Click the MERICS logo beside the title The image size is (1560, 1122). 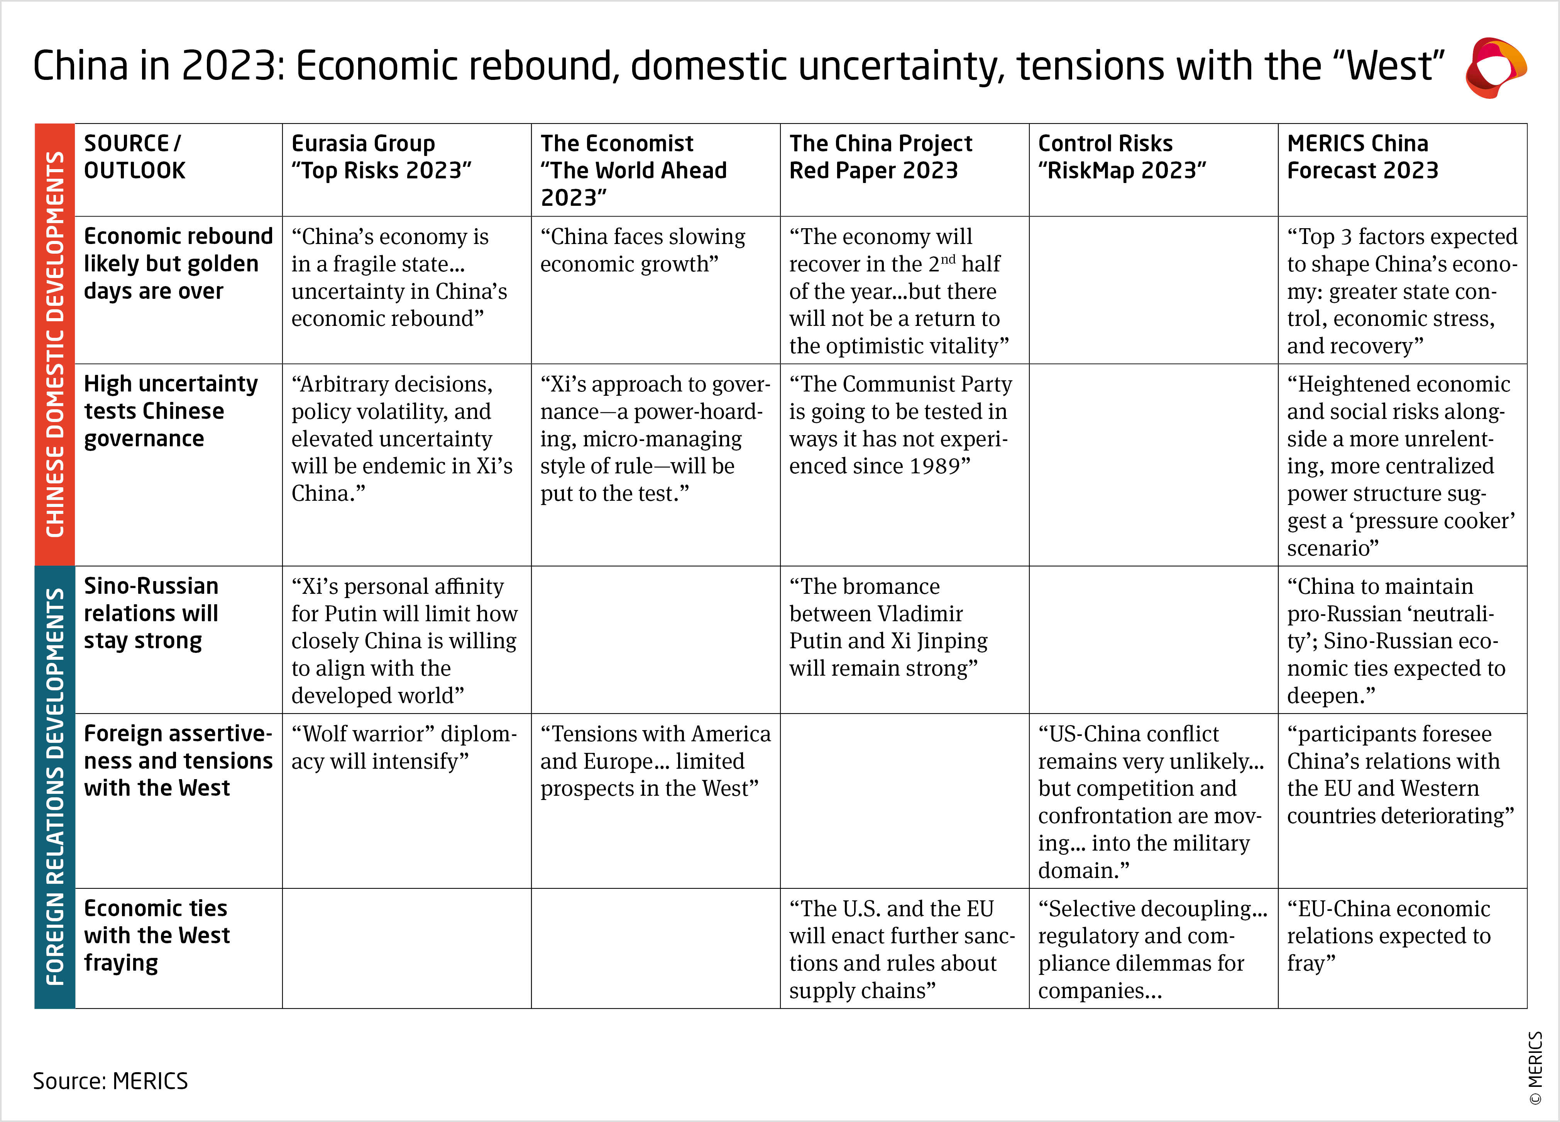point(1495,68)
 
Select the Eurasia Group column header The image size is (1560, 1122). point(381,157)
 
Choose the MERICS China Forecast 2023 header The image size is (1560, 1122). point(1362,157)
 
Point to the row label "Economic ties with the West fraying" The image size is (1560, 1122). point(156,936)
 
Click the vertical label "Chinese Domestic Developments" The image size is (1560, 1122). point(55,344)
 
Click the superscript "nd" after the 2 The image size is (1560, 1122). point(948,259)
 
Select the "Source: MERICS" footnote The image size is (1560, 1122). point(110,1081)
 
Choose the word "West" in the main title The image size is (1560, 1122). point(1389,66)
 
